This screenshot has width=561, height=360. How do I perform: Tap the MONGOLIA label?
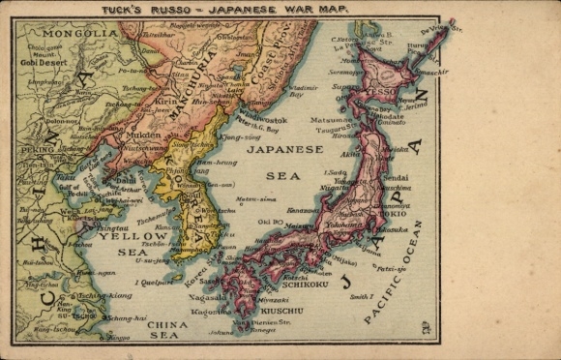[61, 33]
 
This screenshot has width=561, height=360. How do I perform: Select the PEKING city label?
[38, 150]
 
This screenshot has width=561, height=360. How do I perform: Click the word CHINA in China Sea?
[165, 325]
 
